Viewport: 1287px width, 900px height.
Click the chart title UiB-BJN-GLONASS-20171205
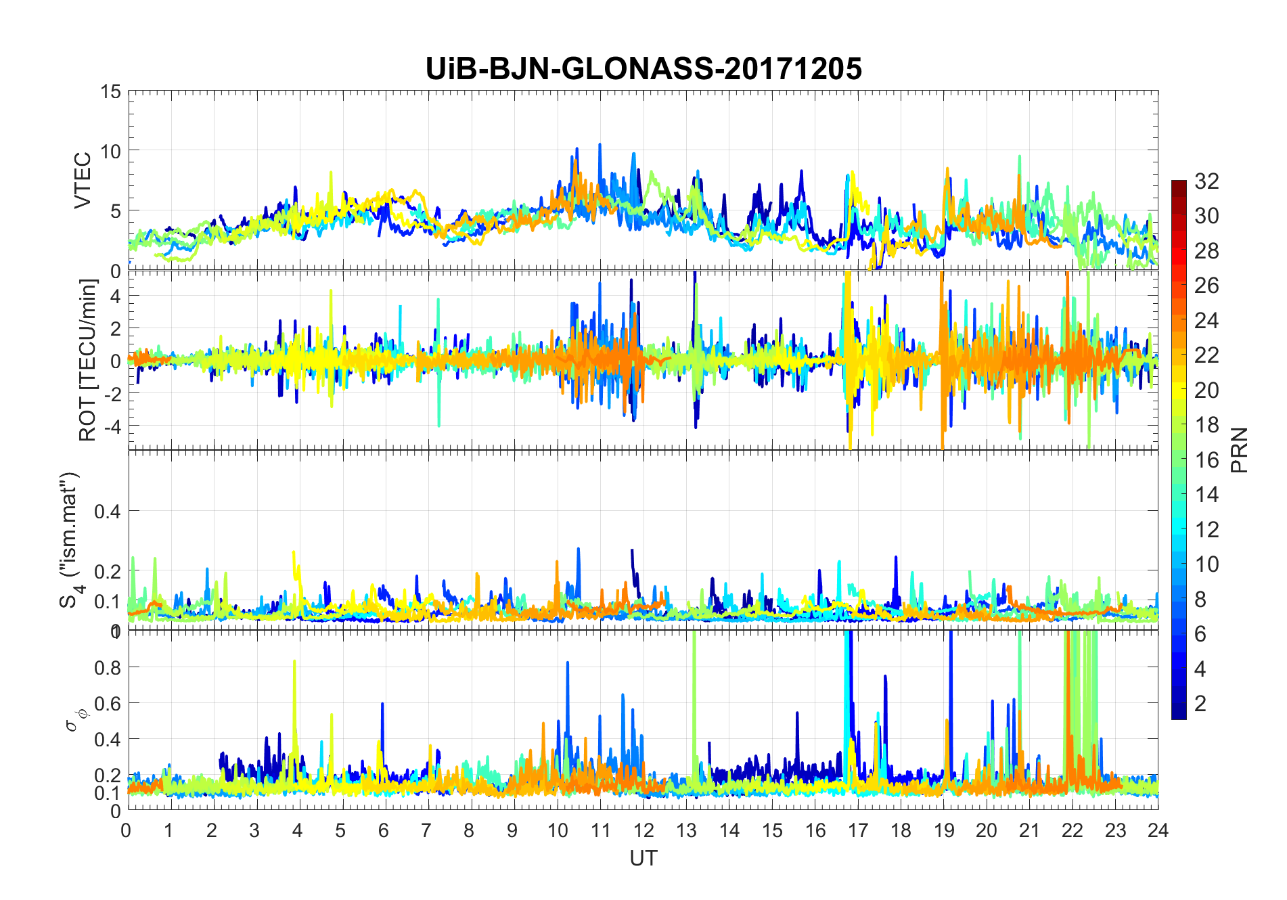(643, 69)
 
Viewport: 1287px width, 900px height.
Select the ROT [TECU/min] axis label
(88, 360)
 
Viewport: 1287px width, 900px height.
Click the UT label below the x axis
(643, 858)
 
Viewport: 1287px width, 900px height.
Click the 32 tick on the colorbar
(1206, 181)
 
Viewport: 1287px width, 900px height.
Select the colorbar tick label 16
(1206, 460)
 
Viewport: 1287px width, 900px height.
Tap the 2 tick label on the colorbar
(1200, 704)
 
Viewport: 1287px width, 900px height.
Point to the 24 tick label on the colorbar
(1206, 321)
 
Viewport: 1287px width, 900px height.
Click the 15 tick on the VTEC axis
(111, 91)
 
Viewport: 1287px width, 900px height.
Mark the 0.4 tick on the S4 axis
(108, 511)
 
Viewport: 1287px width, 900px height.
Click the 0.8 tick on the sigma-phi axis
(108, 667)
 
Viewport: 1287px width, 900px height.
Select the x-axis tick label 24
(1158, 830)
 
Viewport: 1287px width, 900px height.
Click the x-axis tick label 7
(426, 830)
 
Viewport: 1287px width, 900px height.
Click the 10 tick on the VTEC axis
(111, 151)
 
